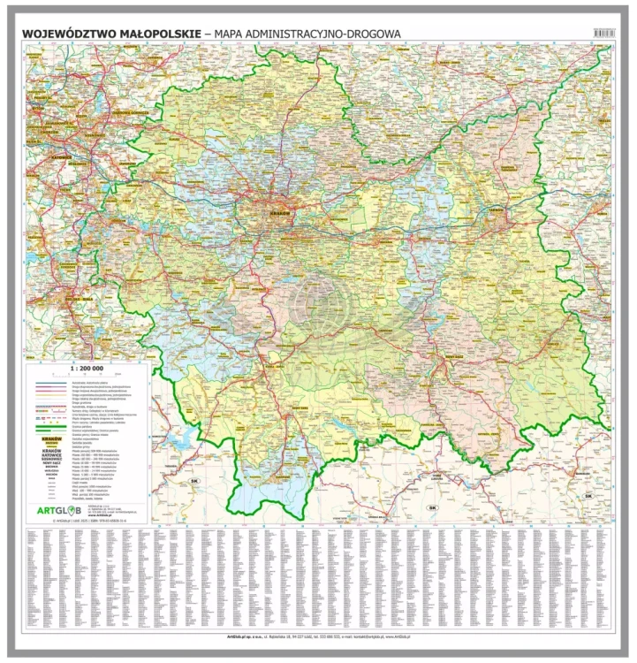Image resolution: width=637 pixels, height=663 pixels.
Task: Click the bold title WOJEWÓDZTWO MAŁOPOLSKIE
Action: pos(111,34)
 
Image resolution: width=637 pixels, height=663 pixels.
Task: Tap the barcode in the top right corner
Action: pos(603,33)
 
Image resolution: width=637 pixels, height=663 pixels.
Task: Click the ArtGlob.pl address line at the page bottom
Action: pos(318,635)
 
